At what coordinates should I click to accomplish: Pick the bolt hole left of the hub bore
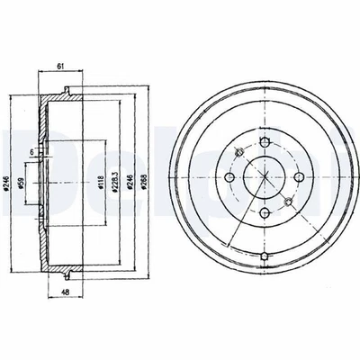[x=229, y=178]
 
